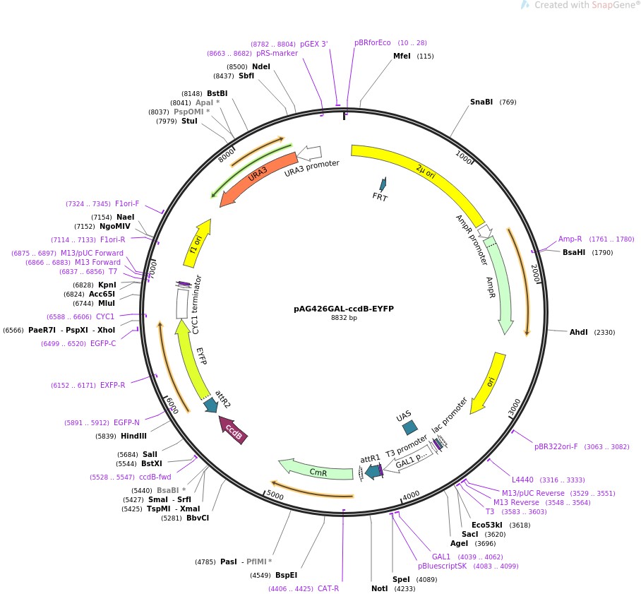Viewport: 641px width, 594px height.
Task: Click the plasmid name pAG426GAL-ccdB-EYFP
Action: pos(344,309)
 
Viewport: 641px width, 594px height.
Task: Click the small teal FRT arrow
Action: pos(383,184)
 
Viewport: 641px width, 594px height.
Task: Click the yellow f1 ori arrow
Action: pos(198,242)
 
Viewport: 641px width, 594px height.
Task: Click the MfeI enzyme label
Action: pos(402,56)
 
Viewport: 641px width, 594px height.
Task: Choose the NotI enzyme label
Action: pos(379,588)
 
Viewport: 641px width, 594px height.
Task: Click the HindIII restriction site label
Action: pos(133,436)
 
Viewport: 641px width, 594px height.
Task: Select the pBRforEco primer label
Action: pos(372,42)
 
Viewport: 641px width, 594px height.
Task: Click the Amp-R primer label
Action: pos(570,239)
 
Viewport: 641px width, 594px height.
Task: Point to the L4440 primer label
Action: pos(523,480)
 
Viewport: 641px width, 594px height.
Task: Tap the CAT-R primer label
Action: pos(328,588)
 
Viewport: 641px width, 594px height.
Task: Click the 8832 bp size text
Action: pos(344,319)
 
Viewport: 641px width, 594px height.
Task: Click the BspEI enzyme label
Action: pos(287,575)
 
